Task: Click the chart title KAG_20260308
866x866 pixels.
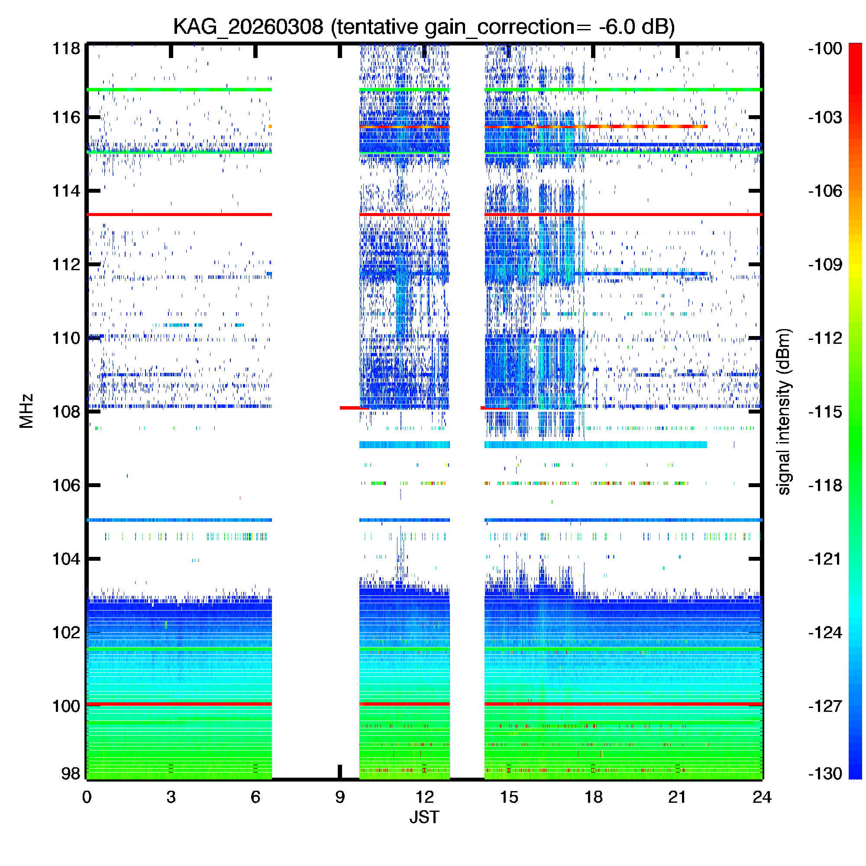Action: coord(248,27)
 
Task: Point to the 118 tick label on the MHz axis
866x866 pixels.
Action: coord(66,48)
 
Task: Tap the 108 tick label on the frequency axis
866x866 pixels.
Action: coord(66,411)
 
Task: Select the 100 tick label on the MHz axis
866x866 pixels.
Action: coord(66,706)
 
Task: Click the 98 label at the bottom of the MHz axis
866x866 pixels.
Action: coord(71,773)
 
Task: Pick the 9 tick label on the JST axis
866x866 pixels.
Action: coord(340,797)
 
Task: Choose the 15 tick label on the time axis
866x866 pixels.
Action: coord(509,797)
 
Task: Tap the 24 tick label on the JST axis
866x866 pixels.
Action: coord(762,797)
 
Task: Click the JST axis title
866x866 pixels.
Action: coord(424,817)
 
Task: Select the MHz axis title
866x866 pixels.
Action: coord(27,411)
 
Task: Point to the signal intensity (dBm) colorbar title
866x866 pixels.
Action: coord(784,411)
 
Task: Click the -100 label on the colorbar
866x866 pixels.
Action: coord(825,48)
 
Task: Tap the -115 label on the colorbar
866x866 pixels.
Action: coord(825,411)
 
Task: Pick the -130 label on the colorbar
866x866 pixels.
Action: coord(825,773)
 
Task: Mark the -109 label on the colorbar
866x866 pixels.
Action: coord(825,264)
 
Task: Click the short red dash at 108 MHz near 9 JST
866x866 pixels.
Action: coord(354,408)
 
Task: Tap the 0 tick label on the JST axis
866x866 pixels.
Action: coord(87,797)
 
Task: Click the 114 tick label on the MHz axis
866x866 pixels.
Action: coord(66,191)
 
